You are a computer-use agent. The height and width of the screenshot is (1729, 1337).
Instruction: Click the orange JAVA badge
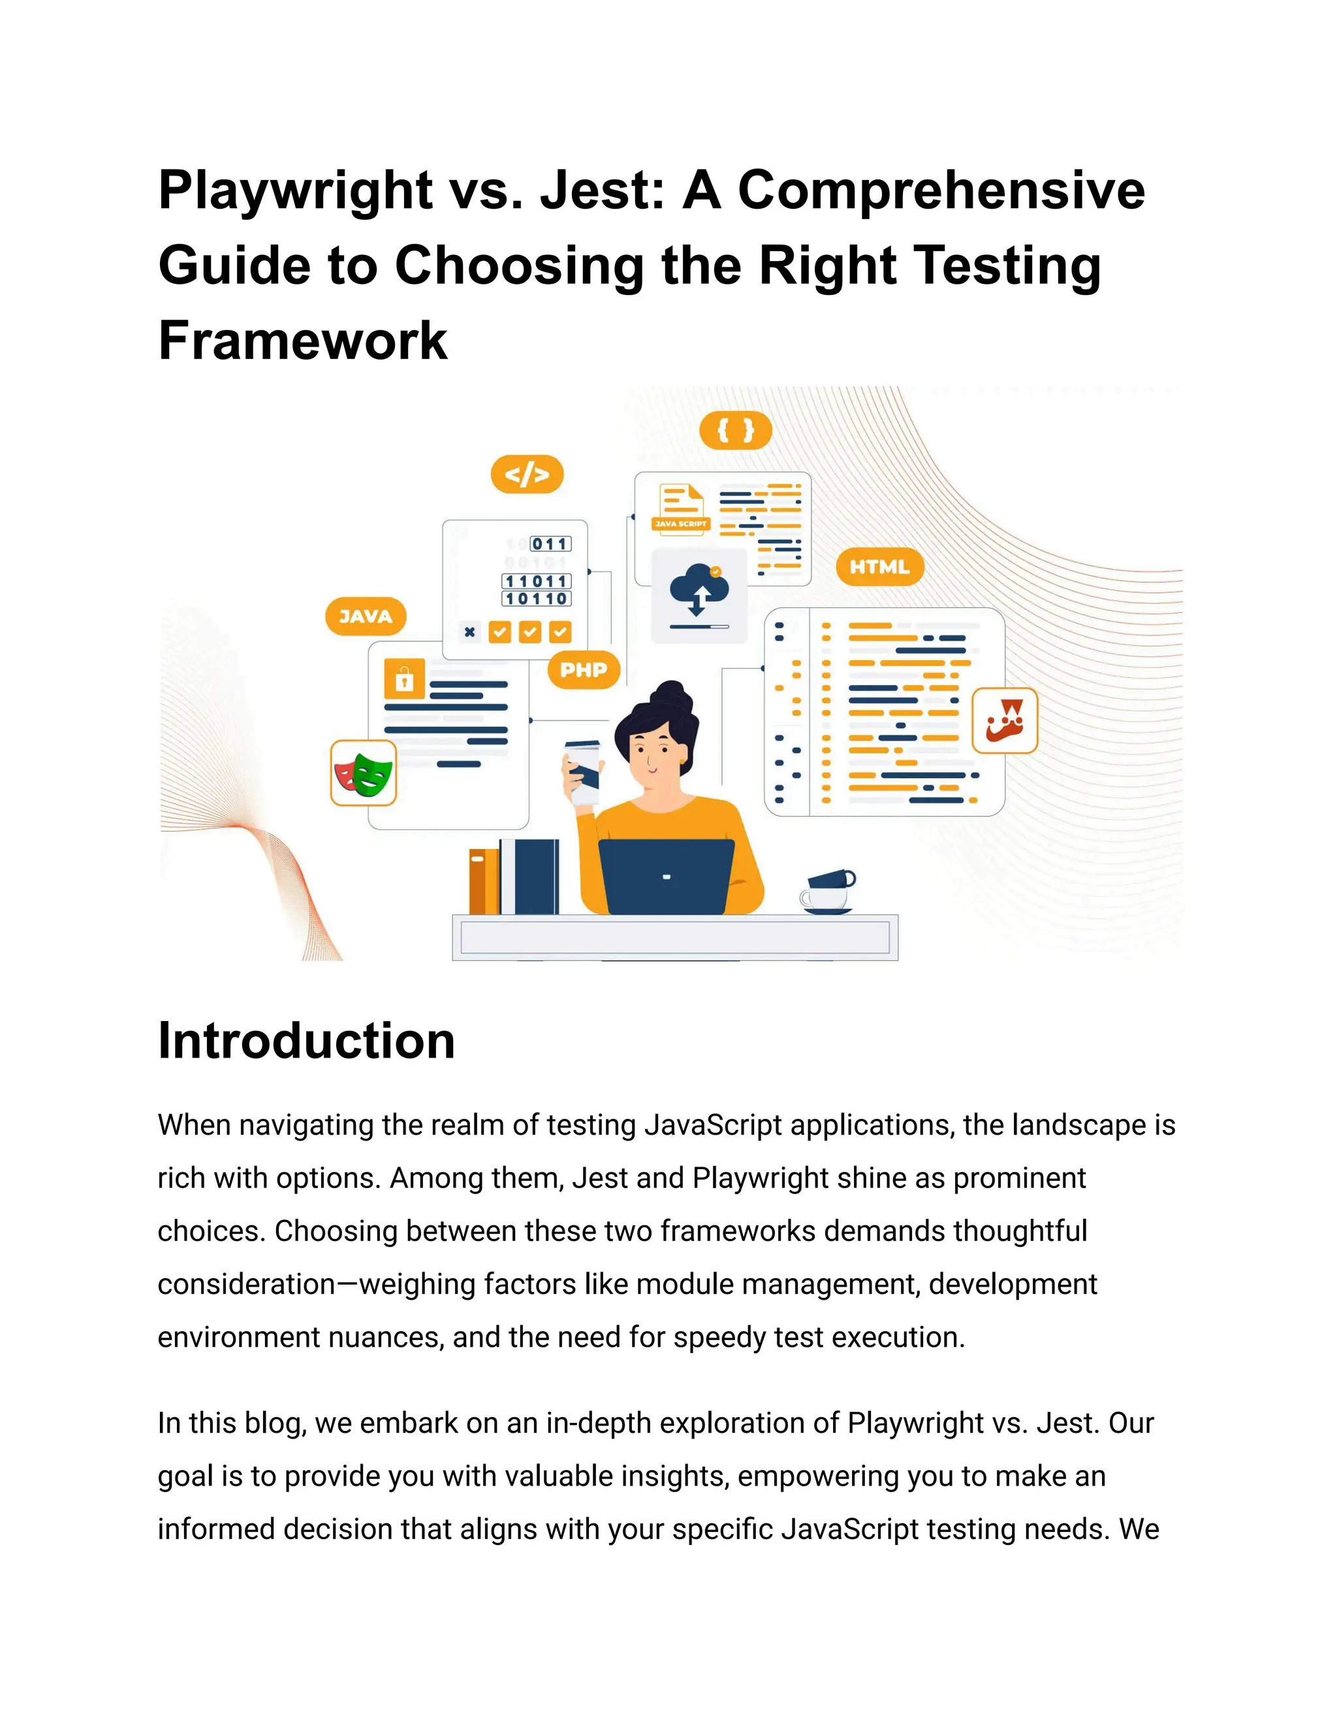pyautogui.click(x=365, y=616)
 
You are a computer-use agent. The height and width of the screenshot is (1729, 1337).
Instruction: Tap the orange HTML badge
pyautogui.click(x=879, y=567)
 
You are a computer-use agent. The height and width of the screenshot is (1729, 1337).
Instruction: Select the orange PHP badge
pyautogui.click(x=584, y=670)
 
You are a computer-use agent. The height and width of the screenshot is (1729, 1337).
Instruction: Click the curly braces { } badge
pyautogui.click(x=735, y=431)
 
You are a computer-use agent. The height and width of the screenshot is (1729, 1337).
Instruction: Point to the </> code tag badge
pyautogui.click(x=527, y=474)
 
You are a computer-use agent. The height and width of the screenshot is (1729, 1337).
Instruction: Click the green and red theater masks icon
pyautogui.click(x=364, y=773)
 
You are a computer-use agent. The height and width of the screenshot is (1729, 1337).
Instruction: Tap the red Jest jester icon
pyautogui.click(x=1004, y=720)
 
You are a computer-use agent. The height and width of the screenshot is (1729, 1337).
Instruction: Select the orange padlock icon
pyautogui.click(x=404, y=679)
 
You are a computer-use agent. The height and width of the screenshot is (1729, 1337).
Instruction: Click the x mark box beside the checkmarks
pyautogui.click(x=469, y=632)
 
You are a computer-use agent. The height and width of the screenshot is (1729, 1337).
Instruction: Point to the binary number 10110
pyautogui.click(x=536, y=600)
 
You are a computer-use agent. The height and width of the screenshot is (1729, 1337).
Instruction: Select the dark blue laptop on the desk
pyautogui.click(x=665, y=876)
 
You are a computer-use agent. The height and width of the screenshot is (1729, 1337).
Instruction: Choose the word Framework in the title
pyautogui.click(x=302, y=341)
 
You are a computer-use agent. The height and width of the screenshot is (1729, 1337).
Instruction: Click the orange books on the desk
pyautogui.click(x=483, y=880)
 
